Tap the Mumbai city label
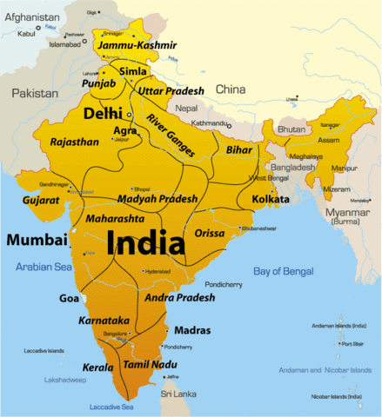click(x=37, y=239)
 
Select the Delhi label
click(x=102, y=114)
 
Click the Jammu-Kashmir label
click(x=137, y=44)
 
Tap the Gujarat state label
click(x=40, y=200)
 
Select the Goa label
click(x=69, y=298)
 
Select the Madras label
click(x=191, y=331)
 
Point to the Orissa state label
click(x=209, y=233)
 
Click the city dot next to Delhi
click(x=130, y=115)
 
